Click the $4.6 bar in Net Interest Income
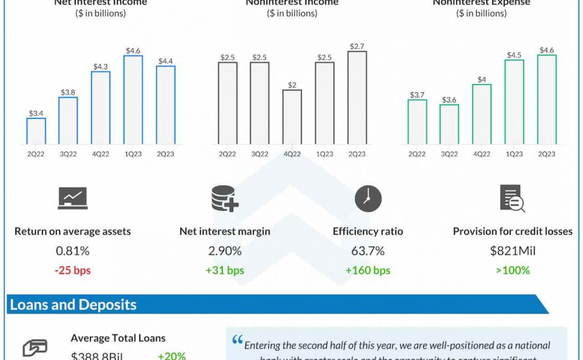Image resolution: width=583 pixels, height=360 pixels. tap(133, 99)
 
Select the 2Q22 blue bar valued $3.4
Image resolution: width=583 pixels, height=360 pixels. tap(36, 131)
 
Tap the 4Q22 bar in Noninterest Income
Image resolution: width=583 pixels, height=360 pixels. tap(292, 117)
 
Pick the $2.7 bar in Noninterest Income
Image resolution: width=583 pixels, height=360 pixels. tap(356, 98)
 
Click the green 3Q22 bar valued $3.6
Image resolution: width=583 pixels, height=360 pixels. tap(449, 124)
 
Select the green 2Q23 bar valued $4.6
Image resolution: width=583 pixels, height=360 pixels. tap(546, 99)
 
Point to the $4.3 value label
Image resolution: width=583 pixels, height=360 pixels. tap(101, 66)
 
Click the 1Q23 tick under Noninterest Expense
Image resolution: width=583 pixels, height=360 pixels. tap(514, 154)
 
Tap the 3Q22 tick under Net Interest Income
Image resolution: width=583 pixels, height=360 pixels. tap(69, 154)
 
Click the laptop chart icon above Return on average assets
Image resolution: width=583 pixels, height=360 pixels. tap(72, 198)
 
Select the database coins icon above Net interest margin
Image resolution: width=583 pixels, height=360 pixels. tap(224, 198)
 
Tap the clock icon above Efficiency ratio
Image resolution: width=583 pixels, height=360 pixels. tap(368, 198)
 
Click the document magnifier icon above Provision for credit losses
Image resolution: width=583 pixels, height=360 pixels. tap(512, 198)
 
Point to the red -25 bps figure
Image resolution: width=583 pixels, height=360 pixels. tap(72, 270)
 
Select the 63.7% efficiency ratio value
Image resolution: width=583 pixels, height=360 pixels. tap(367, 251)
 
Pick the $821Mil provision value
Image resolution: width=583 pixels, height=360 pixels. tap(512, 251)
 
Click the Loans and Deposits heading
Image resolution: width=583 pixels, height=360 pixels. tap(73, 304)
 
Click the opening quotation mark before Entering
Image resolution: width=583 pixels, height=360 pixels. tap(237, 342)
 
